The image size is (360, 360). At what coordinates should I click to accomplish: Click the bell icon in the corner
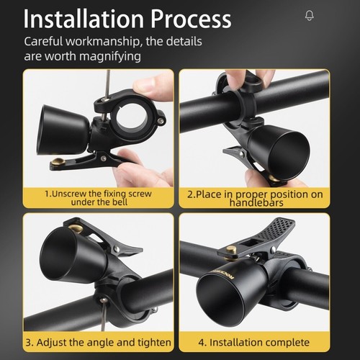coord(310,15)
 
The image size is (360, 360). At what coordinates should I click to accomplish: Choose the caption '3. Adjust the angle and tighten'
coord(99,341)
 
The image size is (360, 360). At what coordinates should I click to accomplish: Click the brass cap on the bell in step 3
coord(75,230)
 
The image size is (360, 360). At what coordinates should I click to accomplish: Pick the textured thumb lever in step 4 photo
coord(271,231)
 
